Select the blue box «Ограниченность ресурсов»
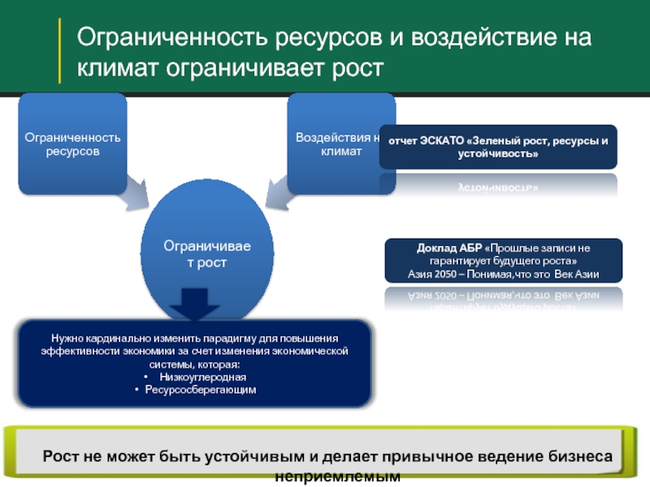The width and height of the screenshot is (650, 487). [73, 144]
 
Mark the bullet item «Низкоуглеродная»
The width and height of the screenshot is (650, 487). [202, 377]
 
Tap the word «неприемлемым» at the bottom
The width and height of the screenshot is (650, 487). [337, 477]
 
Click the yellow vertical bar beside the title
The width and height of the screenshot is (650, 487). [59, 50]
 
